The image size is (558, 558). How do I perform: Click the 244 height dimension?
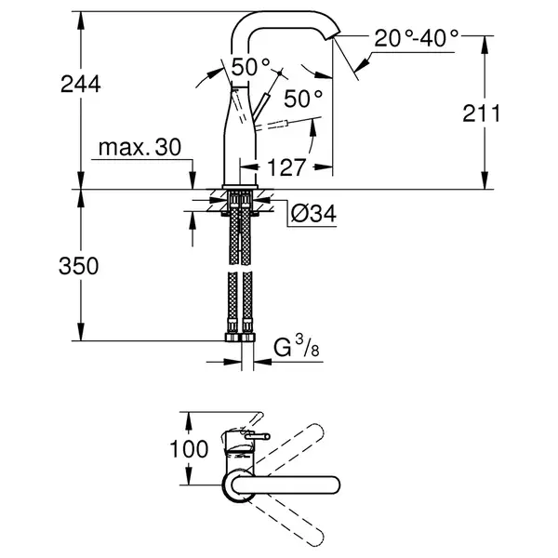click(x=81, y=85)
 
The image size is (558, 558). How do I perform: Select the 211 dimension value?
click(x=482, y=113)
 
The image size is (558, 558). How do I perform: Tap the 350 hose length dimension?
click(x=79, y=266)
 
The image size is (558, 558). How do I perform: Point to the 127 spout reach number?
click(x=286, y=167)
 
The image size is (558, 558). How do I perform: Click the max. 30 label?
click(x=139, y=147)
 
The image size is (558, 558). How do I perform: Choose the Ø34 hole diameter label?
click(x=313, y=214)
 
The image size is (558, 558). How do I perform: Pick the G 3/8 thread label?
click(x=297, y=347)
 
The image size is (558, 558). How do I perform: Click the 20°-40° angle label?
click(x=416, y=38)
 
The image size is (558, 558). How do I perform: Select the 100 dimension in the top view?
click(x=189, y=449)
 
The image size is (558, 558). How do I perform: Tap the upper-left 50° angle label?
click(x=251, y=67)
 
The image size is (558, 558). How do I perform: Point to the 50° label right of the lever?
click(x=303, y=99)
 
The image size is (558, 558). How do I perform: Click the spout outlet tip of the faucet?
click(x=333, y=35)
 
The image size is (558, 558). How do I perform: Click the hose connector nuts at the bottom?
click(x=240, y=337)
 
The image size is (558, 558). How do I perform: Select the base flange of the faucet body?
click(x=240, y=187)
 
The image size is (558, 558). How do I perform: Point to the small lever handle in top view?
click(x=257, y=435)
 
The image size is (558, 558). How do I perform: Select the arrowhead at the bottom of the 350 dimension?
click(x=81, y=332)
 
